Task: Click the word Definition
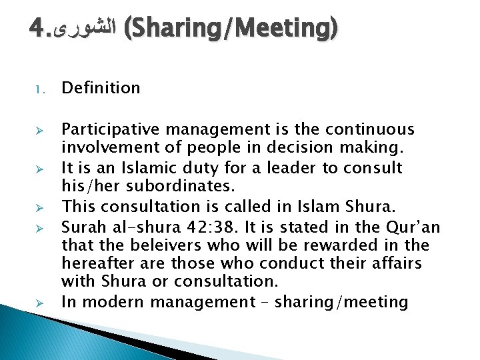coord(101,88)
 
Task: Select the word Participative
coord(107,129)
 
